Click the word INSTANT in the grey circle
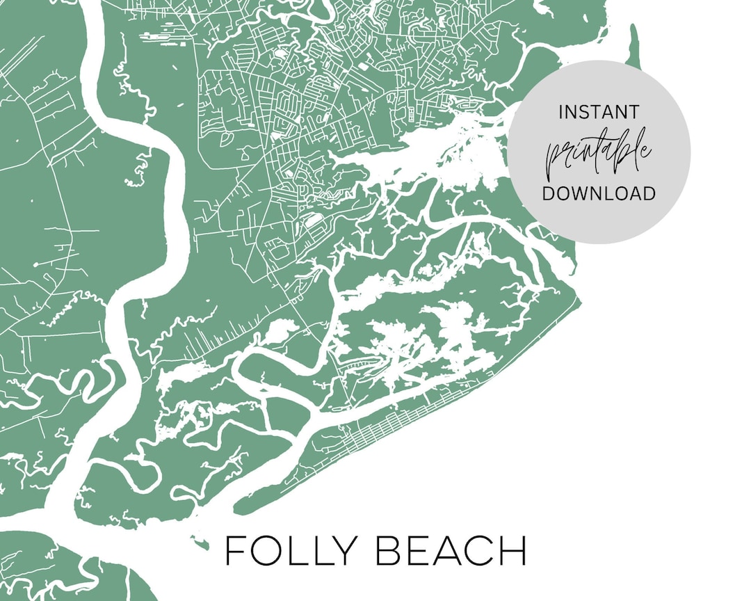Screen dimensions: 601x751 point(599,111)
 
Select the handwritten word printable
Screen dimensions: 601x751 point(599,152)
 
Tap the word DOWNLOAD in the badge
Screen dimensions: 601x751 point(599,193)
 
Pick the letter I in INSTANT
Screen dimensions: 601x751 point(560,111)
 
